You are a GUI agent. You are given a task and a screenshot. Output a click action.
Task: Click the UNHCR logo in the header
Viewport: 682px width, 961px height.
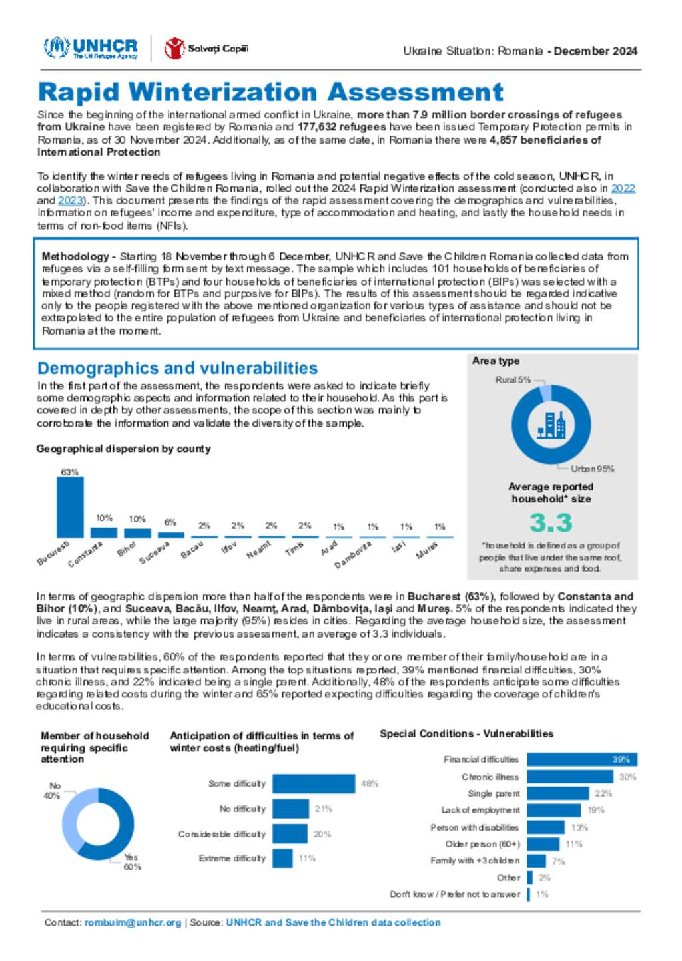point(91,48)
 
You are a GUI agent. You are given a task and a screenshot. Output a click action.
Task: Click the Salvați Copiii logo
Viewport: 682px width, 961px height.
point(206,49)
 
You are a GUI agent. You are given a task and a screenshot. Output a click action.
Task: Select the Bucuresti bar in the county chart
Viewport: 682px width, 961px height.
point(70,507)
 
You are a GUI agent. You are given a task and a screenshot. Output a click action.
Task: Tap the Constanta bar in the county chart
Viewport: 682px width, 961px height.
point(103,532)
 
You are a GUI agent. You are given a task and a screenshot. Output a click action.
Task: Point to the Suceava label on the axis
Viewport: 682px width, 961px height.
point(155,553)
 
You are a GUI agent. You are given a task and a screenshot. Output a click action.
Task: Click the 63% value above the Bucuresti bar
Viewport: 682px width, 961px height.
point(70,472)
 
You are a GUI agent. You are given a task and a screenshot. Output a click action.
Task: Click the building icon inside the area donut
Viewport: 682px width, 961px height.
point(551,425)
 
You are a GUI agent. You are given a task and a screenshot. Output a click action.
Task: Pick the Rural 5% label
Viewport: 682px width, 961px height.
point(513,380)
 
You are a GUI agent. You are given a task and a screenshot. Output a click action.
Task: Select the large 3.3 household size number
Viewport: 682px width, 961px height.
point(551,523)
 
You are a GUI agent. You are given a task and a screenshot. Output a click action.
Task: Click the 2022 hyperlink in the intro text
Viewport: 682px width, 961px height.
point(623,188)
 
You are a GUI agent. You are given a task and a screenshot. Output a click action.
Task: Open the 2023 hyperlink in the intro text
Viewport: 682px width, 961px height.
point(71,200)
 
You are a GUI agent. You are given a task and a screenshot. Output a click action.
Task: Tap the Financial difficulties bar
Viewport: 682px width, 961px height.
point(582,759)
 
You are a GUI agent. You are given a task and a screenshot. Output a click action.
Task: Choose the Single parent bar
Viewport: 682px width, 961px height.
point(558,793)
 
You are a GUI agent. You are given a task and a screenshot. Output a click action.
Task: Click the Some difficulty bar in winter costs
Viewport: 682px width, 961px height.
point(314,783)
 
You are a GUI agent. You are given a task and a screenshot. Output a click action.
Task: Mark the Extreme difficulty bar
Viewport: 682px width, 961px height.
point(282,858)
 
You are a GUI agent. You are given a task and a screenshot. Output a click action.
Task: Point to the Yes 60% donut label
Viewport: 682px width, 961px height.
point(132,862)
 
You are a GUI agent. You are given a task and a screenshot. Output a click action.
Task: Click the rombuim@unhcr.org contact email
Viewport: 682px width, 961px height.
point(133,922)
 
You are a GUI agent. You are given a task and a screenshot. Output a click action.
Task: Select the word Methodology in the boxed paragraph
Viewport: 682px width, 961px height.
point(75,256)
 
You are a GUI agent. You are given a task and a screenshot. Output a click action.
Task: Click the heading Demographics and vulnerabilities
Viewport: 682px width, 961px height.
point(177,368)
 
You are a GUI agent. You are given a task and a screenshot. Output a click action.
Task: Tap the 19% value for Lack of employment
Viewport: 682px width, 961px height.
point(596,810)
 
